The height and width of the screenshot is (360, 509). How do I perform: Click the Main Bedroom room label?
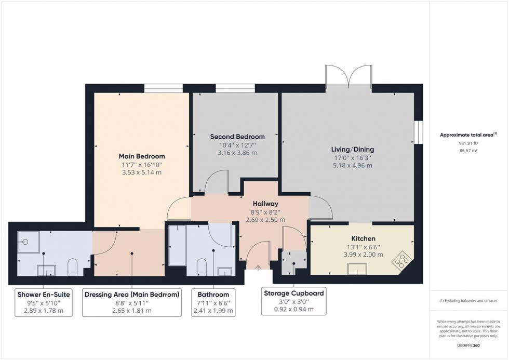142,156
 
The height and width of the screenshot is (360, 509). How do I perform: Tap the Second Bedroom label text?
237,137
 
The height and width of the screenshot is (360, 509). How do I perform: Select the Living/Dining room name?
353,149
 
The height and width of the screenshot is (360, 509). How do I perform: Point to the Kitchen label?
363,238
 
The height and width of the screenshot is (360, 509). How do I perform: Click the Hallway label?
265,204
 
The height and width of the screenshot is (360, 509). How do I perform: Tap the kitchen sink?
357,269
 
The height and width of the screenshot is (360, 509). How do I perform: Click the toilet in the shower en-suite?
73,267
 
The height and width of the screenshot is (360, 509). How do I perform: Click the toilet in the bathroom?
202,267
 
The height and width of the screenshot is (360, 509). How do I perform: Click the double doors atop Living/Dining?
349,77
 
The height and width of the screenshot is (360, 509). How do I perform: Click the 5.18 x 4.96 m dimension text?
353,166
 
